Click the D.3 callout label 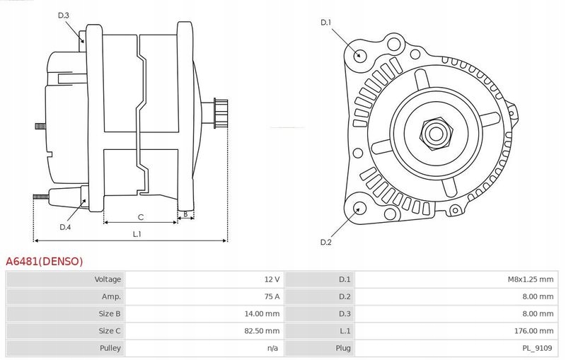coord(64,15)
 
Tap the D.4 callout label coord(65,227)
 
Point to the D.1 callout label coord(326,23)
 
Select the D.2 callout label coord(326,243)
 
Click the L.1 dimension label coord(137,234)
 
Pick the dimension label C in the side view coord(141,216)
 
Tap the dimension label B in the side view coord(185,213)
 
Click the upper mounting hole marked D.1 coord(359,55)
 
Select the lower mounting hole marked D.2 coord(359,208)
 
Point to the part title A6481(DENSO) coord(44,261)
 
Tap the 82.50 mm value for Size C coord(262,330)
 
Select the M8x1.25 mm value coord(530,279)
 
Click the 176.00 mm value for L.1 coord(534,330)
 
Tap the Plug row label coord(343,348)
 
